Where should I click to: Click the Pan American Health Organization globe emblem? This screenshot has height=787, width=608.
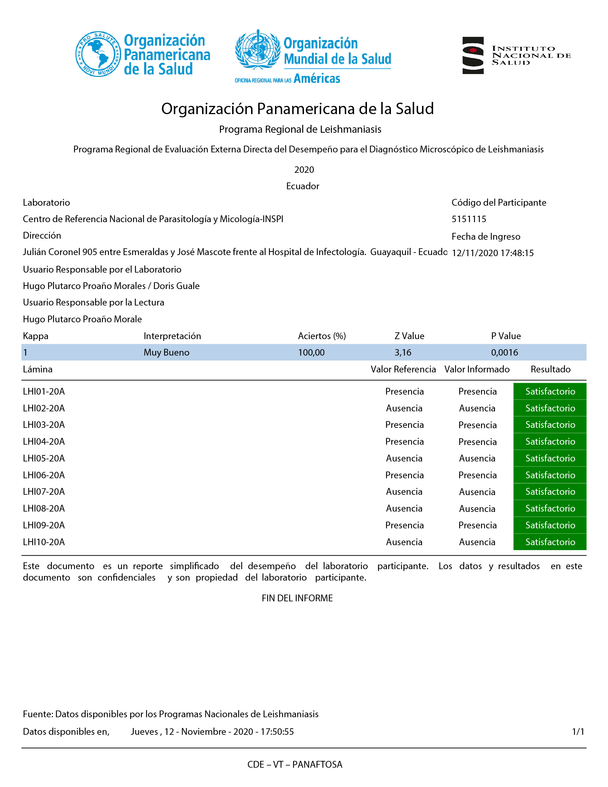click(x=98, y=54)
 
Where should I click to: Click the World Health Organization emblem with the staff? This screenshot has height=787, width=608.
click(x=258, y=50)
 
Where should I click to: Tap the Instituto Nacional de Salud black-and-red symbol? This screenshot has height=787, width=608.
click(x=473, y=55)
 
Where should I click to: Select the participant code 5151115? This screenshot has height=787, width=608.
click(x=469, y=219)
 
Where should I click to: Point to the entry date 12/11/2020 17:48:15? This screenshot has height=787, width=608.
click(x=492, y=253)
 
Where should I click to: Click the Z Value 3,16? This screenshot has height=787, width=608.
click(x=403, y=352)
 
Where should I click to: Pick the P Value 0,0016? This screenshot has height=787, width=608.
click(x=504, y=352)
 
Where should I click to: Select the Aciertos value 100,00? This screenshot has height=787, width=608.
click(x=311, y=352)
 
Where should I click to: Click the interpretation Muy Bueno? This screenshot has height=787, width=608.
click(x=166, y=352)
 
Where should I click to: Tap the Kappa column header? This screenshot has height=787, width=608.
click(x=35, y=336)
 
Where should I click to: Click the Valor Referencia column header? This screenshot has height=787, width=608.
click(x=403, y=370)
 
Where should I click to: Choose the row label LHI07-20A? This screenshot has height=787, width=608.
click(x=44, y=492)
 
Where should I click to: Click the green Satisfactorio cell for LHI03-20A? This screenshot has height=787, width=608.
click(x=550, y=425)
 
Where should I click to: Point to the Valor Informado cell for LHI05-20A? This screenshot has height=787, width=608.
click(x=477, y=458)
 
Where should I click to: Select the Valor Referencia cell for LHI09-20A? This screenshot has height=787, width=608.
click(x=404, y=526)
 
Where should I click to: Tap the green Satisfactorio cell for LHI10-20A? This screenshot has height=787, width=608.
click(x=550, y=542)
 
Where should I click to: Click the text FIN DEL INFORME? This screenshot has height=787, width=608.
click(x=297, y=598)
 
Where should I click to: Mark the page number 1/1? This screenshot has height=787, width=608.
click(x=578, y=732)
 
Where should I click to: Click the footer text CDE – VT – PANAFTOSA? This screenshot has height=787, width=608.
click(x=295, y=764)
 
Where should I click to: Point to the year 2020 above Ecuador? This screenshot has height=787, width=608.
click(x=304, y=170)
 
